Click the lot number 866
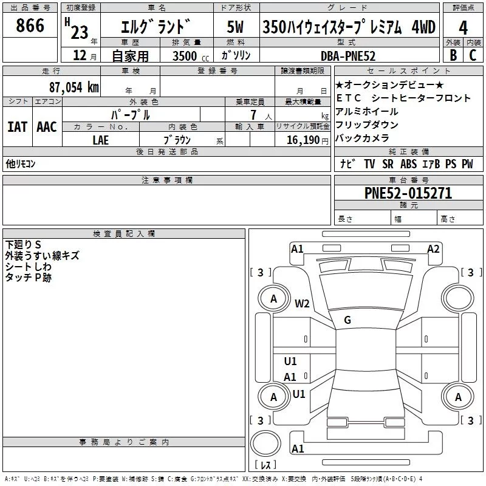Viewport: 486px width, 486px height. click(x=30, y=26)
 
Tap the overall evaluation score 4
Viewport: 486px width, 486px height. click(x=463, y=29)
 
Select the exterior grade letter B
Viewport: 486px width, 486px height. click(x=453, y=55)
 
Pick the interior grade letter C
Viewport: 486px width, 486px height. click(x=473, y=55)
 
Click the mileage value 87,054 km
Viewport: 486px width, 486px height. click(x=74, y=87)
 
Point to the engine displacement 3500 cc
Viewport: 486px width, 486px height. click(x=188, y=56)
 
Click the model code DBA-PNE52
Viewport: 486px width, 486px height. click(x=348, y=56)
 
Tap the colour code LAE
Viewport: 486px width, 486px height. click(x=101, y=139)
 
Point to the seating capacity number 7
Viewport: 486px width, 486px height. click(x=252, y=114)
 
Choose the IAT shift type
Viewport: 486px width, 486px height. click(x=17, y=127)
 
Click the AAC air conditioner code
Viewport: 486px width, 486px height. click(x=47, y=127)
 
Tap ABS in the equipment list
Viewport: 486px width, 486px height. click(x=408, y=164)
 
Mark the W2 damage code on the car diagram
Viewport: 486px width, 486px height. click(x=302, y=304)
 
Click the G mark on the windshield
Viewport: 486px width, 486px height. click(x=347, y=320)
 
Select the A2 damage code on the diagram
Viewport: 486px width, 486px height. click(x=433, y=248)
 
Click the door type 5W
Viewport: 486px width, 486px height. click(x=235, y=27)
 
